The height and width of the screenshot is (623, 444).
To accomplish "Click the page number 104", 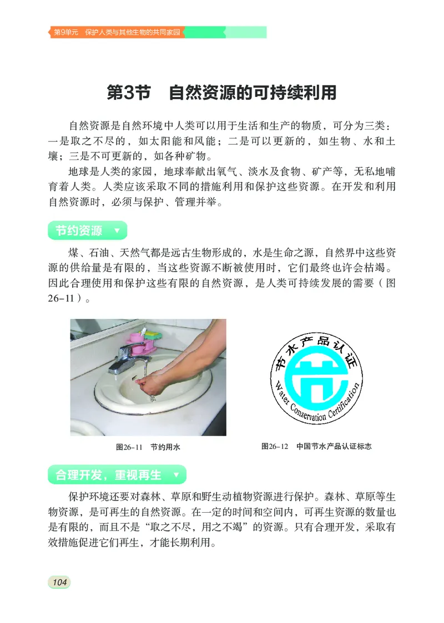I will click(58, 581).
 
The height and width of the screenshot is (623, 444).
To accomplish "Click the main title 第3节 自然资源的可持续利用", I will click(221, 93).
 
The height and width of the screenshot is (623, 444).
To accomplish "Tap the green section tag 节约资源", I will click(79, 231).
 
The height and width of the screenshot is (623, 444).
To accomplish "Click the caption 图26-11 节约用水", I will click(148, 446).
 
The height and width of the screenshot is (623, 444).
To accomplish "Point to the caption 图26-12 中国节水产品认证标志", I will click(316, 446).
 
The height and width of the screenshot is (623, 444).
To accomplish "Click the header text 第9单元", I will click(65, 33).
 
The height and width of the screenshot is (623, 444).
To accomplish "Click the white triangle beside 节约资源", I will click(116, 231).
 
